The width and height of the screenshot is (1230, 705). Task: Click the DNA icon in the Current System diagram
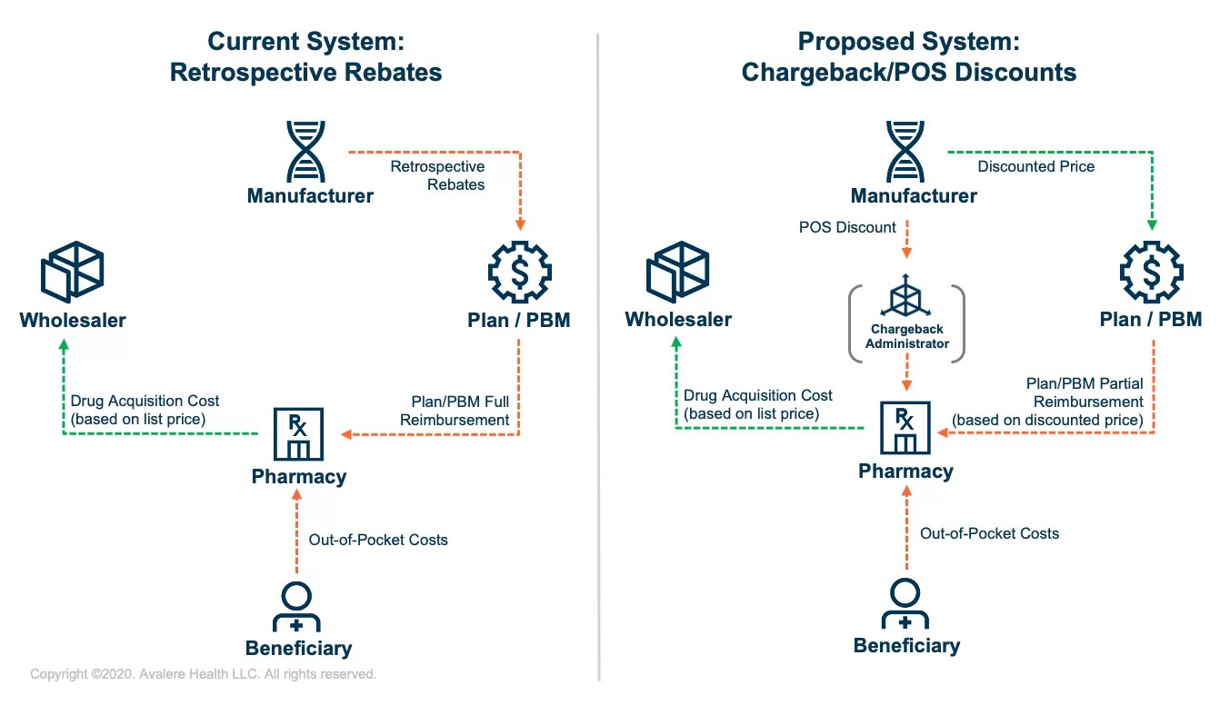point(305,152)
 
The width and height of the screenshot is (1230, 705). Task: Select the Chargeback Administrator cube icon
point(905,297)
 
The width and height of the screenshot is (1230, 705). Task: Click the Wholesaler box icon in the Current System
point(73,273)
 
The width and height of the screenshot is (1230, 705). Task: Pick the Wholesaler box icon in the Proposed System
point(677,273)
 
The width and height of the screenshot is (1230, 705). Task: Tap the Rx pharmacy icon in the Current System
point(298,434)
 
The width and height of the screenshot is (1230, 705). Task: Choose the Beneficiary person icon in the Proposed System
point(905,603)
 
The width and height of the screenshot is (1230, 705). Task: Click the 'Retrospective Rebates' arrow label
point(437,175)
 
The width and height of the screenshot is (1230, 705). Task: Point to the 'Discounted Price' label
point(1035,166)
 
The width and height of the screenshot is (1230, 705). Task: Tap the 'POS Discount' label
point(847,227)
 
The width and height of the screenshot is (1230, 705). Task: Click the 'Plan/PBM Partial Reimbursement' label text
point(1047,402)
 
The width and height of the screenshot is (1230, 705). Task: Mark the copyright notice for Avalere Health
point(203,674)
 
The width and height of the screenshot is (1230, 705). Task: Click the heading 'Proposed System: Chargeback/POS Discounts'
point(909,56)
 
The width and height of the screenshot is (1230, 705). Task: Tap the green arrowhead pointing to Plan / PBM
point(1151,223)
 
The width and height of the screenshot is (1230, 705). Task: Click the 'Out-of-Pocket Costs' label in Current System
point(378,540)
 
